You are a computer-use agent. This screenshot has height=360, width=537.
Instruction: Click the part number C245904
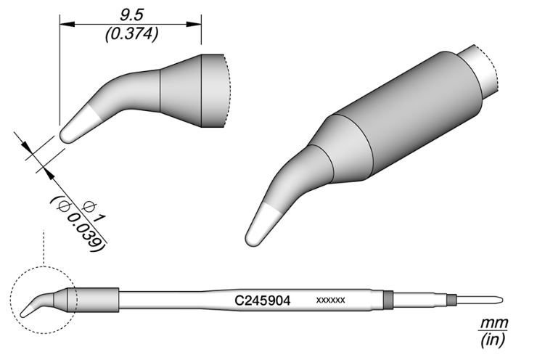[x=263, y=299]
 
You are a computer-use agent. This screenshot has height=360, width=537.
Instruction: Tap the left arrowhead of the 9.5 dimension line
[x=62, y=25]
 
